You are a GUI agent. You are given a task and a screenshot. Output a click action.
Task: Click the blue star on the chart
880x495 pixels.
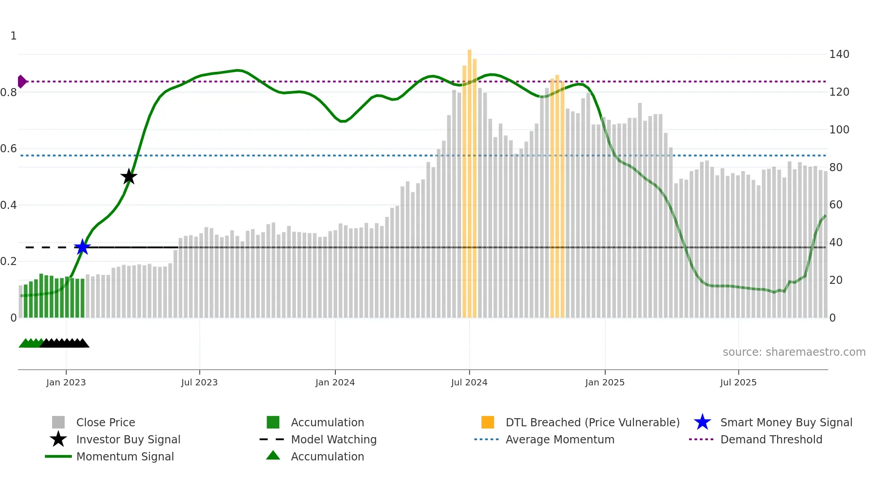[82, 247]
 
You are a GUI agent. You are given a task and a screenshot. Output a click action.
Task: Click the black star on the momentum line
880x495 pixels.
[129, 177]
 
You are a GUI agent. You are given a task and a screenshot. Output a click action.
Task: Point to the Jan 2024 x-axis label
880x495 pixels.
[335, 382]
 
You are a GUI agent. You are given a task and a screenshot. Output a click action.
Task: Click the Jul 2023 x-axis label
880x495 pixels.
[199, 382]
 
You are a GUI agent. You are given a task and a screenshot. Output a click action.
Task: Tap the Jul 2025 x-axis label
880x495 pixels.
[738, 382]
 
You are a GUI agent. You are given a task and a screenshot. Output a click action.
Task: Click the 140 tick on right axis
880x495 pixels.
[839, 54]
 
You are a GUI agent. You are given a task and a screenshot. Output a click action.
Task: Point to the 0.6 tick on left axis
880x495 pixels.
[9, 149]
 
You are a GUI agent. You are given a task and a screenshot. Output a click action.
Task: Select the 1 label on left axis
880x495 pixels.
[13, 36]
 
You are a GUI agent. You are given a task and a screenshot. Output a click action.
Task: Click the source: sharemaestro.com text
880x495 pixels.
[794, 352]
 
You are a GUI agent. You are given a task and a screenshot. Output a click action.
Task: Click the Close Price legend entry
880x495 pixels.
[106, 422]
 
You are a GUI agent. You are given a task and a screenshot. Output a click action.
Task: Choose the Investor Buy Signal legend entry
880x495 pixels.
[128, 439]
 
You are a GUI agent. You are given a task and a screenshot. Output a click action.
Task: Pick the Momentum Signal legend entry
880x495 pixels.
[125, 456]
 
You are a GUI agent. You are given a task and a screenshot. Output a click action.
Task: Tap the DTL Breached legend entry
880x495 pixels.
[592, 422]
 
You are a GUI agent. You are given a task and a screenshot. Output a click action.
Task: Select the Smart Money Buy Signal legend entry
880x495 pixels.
[786, 422]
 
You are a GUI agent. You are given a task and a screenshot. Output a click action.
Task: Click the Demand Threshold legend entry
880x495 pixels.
[771, 439]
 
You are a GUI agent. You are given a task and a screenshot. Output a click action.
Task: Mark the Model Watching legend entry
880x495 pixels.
[334, 439]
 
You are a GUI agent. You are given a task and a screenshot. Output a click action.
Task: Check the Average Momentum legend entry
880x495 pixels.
[559, 439]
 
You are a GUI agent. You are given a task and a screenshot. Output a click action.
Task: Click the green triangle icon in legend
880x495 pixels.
[273, 455]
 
